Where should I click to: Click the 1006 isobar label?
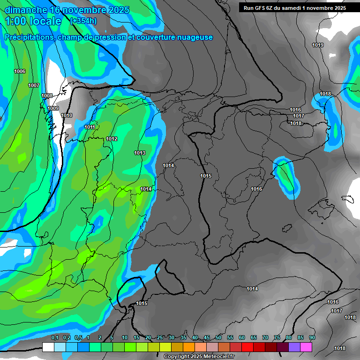pyautogui.click(x=20, y=71)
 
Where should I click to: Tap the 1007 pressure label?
pyautogui.click(x=34, y=85)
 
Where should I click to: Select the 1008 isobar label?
pyautogui.click(x=47, y=96)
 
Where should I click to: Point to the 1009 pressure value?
pyautogui.click(x=53, y=108)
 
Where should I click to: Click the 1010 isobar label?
pyautogui.click(x=67, y=115)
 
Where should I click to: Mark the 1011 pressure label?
pyautogui.click(x=90, y=127)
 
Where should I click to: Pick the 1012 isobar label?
pyautogui.click(x=112, y=139)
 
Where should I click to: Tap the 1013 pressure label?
pyautogui.click(x=140, y=153)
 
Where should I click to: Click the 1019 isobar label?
pyautogui.click(x=318, y=45)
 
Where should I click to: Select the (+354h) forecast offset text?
pyautogui.click(x=83, y=21)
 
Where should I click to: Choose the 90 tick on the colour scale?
pyautogui.click(x=312, y=337)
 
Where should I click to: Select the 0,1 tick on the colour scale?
pyautogui.click(x=54, y=337)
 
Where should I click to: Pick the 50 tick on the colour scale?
pyautogui.click(x=218, y=337)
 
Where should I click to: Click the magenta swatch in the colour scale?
pyautogui.click(x=306, y=347)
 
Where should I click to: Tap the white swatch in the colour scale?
pyautogui.click(x=48, y=347)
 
